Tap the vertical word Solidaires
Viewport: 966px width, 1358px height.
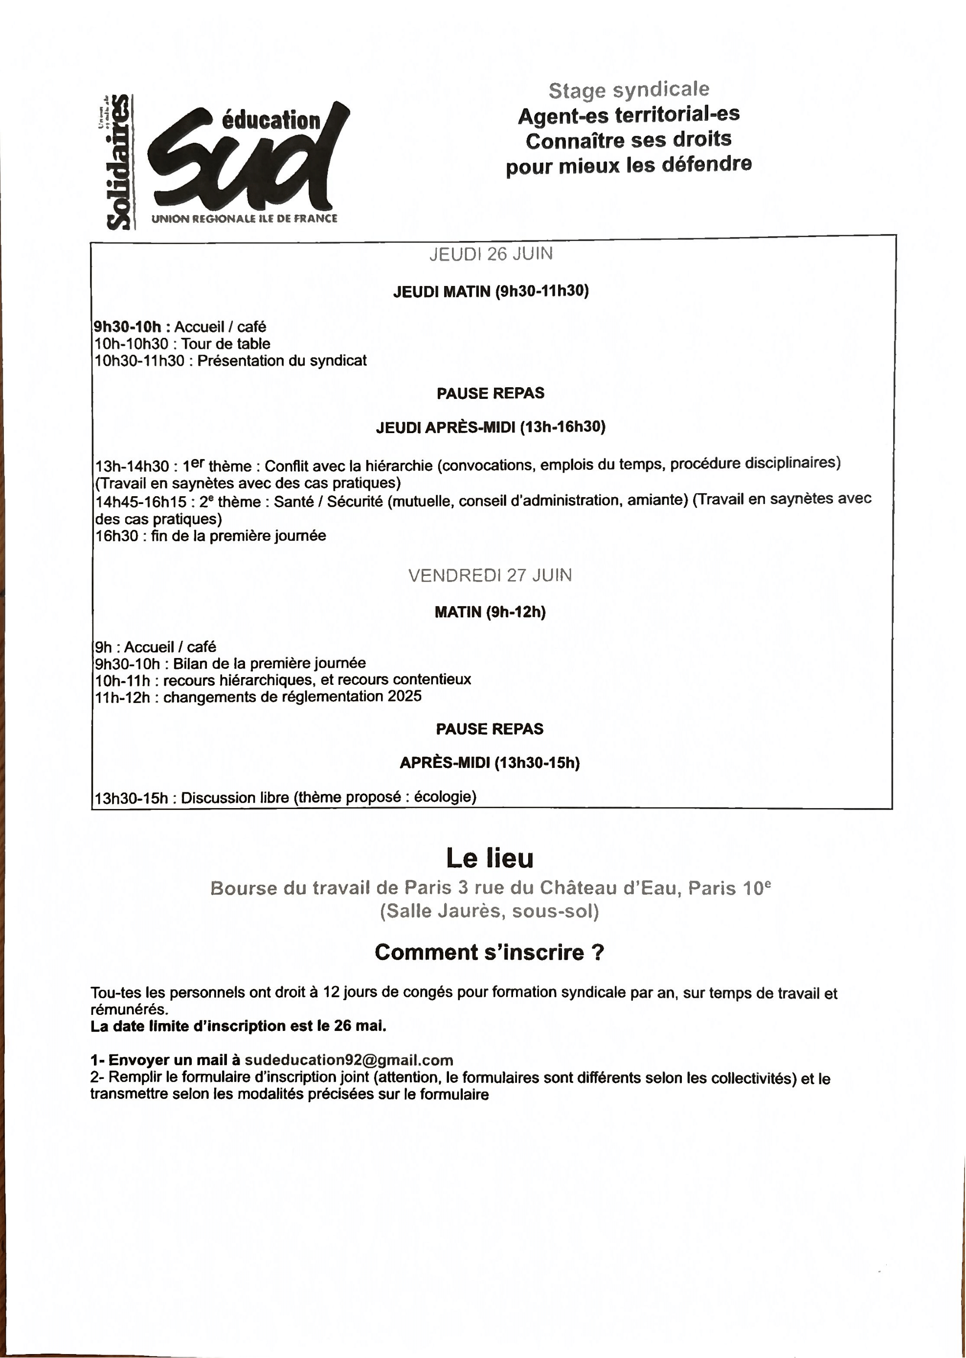click(118, 162)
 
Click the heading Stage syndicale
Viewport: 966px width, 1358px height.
click(629, 90)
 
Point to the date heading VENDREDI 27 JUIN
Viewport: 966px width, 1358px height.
click(490, 575)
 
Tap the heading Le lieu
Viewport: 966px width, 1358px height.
click(490, 858)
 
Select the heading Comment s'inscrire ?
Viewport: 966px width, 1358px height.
click(489, 952)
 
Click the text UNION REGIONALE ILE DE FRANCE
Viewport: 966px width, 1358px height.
click(244, 219)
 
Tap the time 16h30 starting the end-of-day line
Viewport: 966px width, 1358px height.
click(116, 536)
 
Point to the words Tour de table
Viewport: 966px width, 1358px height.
click(225, 344)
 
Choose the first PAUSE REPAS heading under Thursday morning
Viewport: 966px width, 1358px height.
click(490, 393)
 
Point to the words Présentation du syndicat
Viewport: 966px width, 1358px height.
click(282, 360)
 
